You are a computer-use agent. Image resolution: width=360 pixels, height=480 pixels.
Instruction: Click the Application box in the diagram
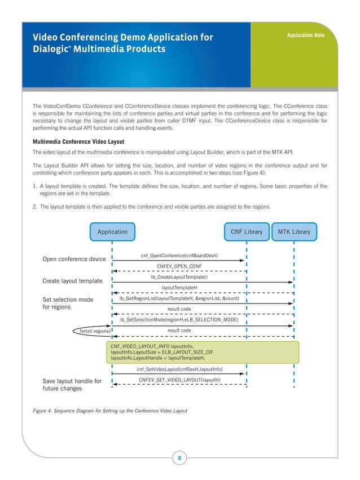tap(112, 232)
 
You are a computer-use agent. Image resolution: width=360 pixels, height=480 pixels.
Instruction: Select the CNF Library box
tap(247, 232)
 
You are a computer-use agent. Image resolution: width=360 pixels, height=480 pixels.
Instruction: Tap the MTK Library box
tap(294, 232)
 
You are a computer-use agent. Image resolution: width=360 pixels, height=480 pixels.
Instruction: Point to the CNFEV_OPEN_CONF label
tap(179, 266)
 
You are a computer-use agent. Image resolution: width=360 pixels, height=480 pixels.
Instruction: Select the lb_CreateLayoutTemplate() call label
tap(179, 277)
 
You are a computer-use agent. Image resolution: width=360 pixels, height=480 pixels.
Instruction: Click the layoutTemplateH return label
tap(179, 288)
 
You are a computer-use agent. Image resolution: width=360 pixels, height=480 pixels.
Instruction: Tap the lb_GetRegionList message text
tap(179, 298)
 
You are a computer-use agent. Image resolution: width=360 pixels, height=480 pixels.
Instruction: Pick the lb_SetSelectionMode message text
tap(179, 320)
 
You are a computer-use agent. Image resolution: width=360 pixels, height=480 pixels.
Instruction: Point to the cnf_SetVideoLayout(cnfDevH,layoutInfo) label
tap(179, 369)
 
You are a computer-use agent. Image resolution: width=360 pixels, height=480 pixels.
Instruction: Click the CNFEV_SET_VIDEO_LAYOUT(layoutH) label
tap(179, 380)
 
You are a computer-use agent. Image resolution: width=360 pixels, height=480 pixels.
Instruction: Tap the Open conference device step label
tap(74, 259)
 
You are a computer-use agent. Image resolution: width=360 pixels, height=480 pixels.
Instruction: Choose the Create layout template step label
tap(72, 281)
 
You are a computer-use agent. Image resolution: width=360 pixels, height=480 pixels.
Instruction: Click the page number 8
tap(179, 458)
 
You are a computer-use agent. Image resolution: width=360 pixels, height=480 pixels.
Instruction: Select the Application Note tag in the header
tap(305, 36)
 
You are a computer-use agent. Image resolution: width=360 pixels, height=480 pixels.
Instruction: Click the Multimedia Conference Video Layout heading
tap(78, 141)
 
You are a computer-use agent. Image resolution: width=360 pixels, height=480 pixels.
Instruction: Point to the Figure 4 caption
tap(110, 409)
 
